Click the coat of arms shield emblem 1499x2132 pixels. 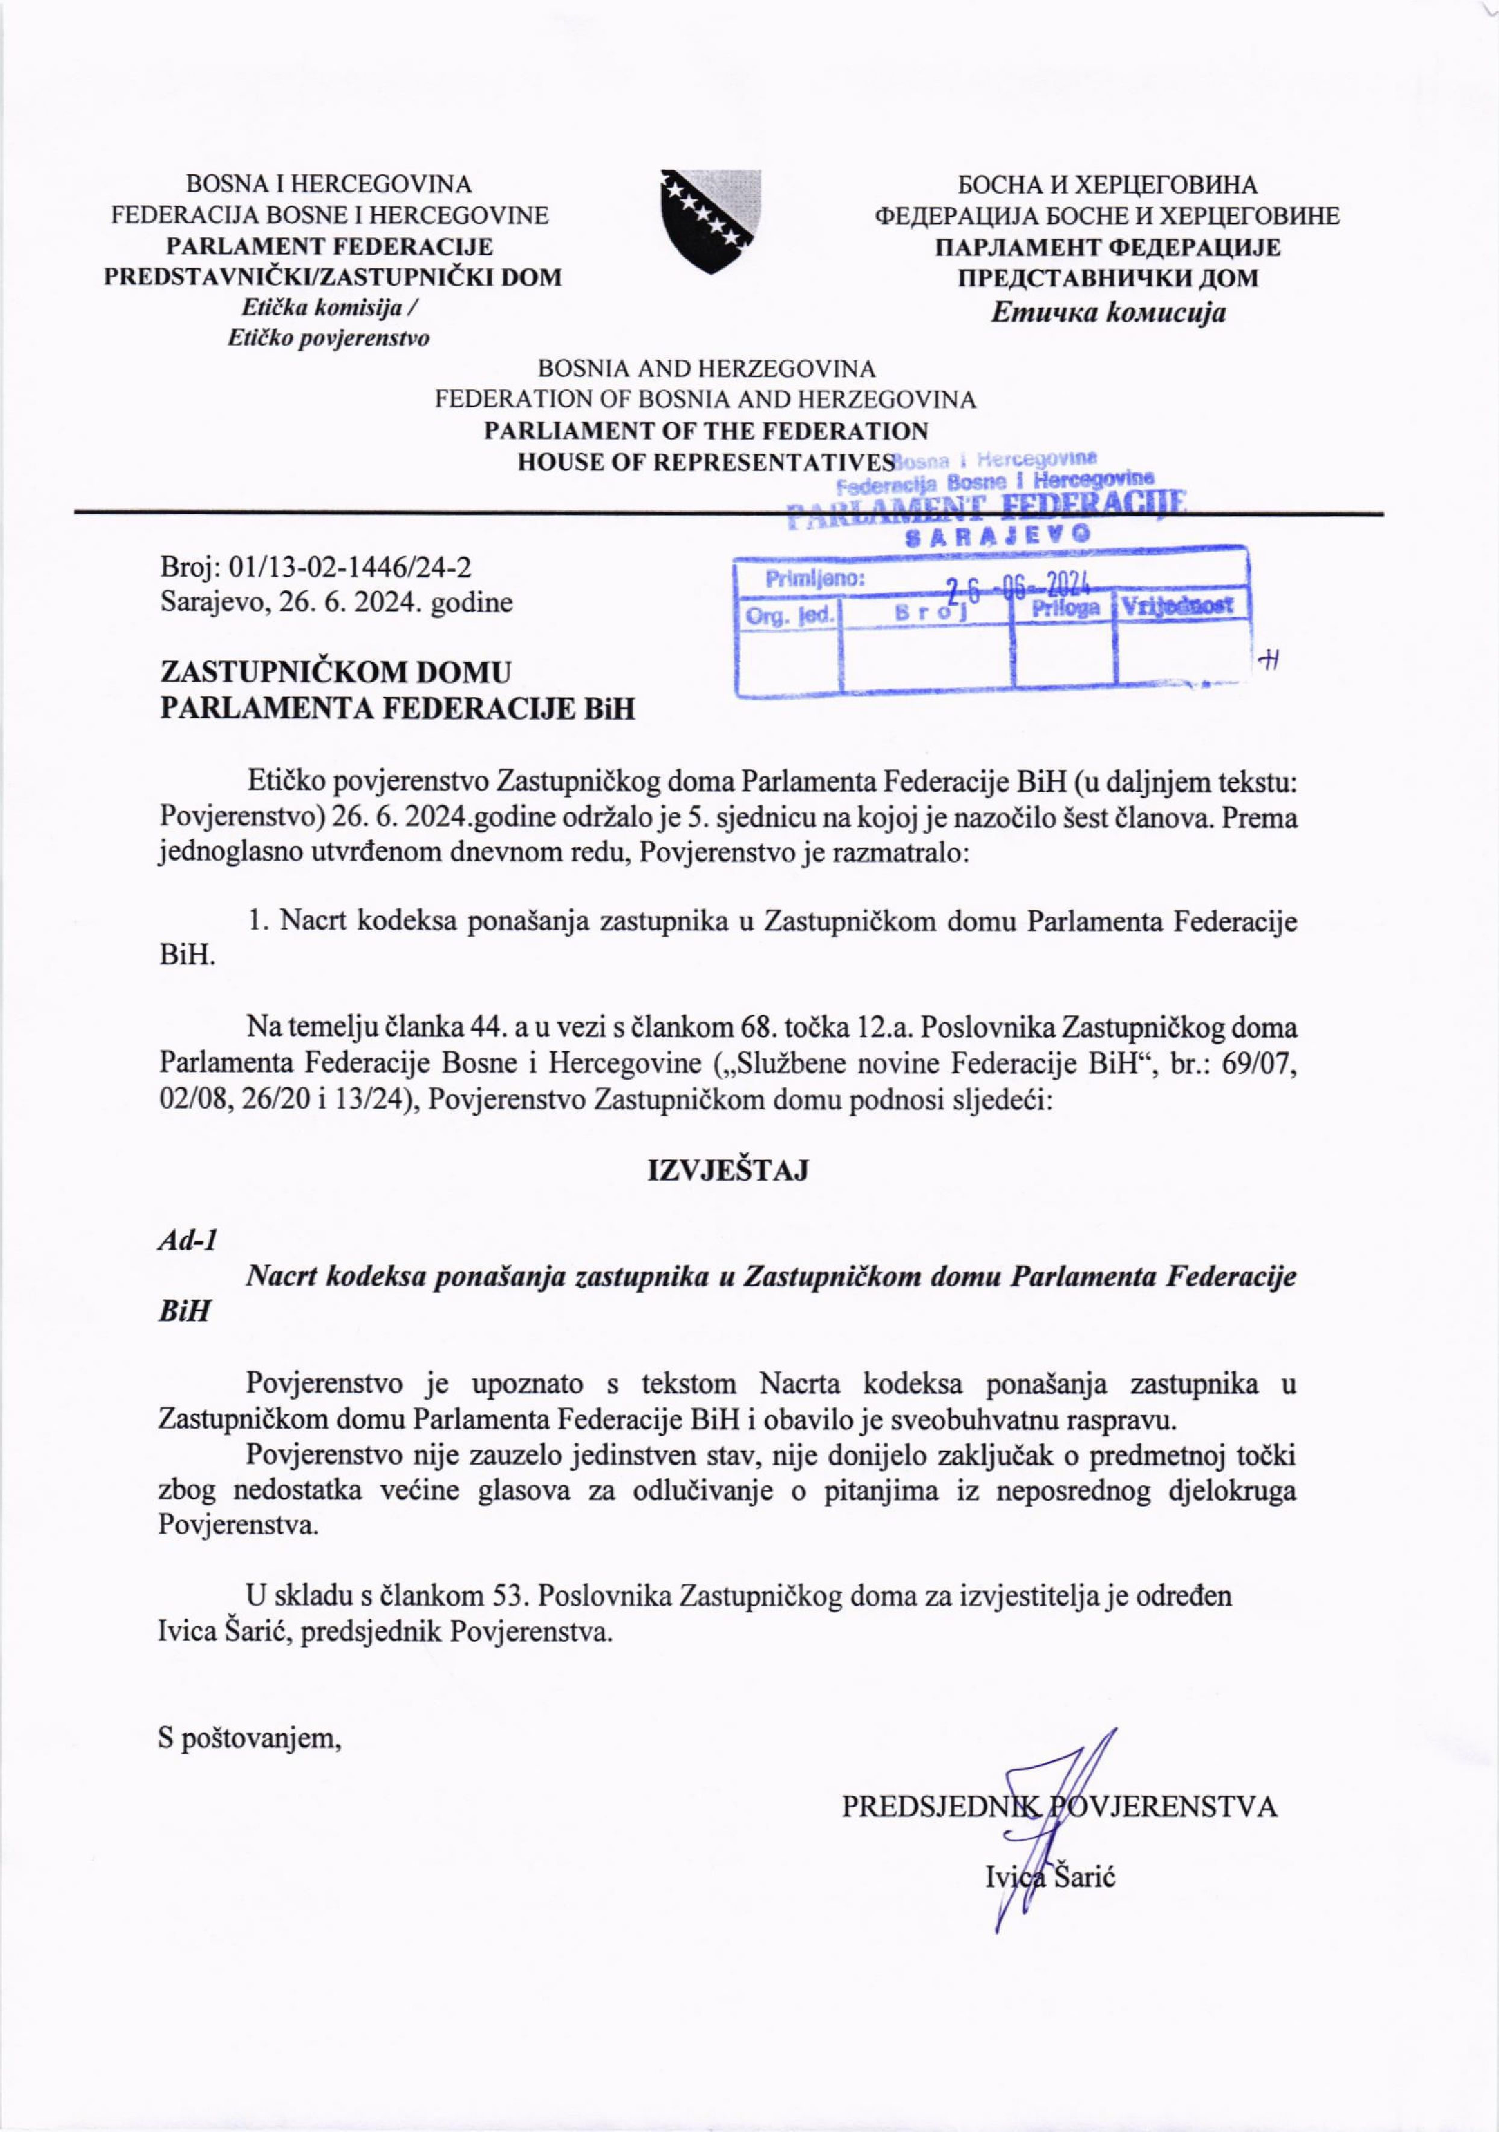(x=710, y=221)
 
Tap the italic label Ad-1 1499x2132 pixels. (x=187, y=1242)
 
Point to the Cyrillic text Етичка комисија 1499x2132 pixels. (x=1107, y=312)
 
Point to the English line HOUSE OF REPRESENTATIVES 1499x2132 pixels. (x=706, y=462)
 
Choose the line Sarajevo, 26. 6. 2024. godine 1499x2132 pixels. (x=336, y=603)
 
